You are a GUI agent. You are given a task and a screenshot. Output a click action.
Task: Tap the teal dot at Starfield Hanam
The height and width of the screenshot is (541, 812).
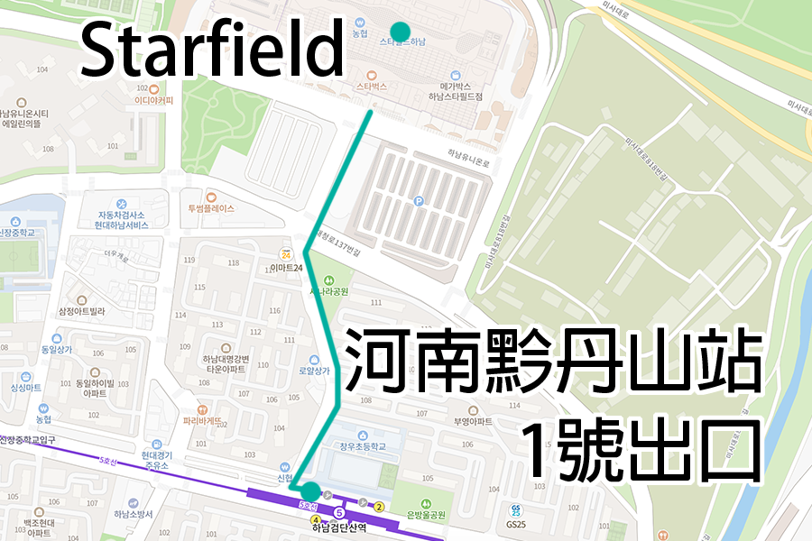click(400, 32)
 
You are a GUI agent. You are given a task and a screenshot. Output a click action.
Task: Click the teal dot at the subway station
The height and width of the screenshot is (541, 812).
click(310, 491)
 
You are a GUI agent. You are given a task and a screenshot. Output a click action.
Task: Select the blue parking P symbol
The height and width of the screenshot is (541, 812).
click(418, 202)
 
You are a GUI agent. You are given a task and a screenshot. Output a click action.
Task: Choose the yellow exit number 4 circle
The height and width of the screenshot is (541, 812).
click(316, 520)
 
